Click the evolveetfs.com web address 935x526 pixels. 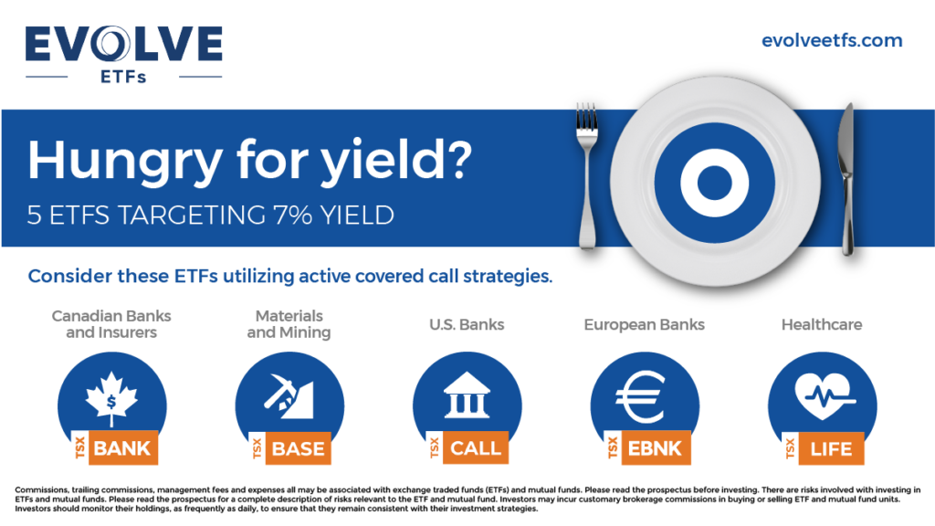tap(832, 40)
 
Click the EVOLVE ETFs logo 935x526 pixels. tap(123, 54)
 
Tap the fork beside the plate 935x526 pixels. tap(587, 176)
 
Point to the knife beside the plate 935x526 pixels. tap(846, 179)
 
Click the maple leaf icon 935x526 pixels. tap(111, 398)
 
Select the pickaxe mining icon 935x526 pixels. tap(289, 395)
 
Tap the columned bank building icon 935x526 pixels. tap(467, 394)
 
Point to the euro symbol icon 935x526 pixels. tap(640, 396)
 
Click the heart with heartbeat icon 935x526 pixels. tap(825, 395)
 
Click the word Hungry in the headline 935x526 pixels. tap(124, 161)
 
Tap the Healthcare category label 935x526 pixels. tap(822, 324)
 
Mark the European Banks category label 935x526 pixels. tap(644, 325)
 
